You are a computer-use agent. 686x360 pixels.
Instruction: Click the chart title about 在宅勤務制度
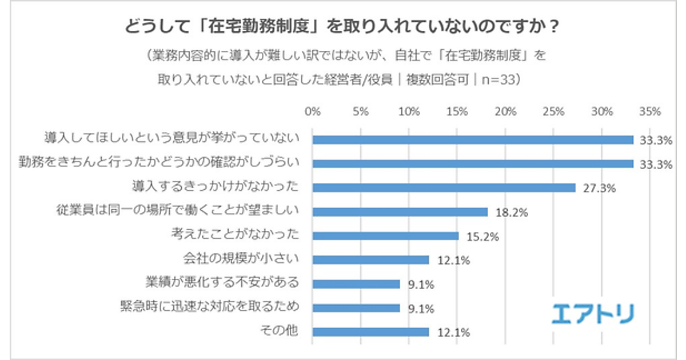tap(343, 28)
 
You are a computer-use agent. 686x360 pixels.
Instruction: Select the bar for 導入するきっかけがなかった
tap(444, 188)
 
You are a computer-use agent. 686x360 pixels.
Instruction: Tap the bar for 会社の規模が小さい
tap(370, 260)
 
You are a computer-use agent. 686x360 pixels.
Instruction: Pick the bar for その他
tap(370, 332)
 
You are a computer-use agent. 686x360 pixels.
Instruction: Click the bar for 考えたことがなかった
tap(385, 236)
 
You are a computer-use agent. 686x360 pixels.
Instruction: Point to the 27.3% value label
tap(598, 189)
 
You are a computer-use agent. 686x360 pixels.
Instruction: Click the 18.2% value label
tap(510, 213)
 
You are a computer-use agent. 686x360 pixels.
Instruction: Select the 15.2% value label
tap(481, 237)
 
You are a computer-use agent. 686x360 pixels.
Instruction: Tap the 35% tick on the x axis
tap(650, 111)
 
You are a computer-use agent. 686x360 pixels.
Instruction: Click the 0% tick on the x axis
tap(313, 111)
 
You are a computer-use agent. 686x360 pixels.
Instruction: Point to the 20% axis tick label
tap(505, 111)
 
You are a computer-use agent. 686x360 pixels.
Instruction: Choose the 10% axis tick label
tap(409, 111)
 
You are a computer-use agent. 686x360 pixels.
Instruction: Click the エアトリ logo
tap(593, 314)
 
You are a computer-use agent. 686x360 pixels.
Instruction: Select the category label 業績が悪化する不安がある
tap(223, 283)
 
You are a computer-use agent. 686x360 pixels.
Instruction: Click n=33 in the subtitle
tap(501, 80)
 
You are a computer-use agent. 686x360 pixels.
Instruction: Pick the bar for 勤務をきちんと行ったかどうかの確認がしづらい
tap(473, 164)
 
